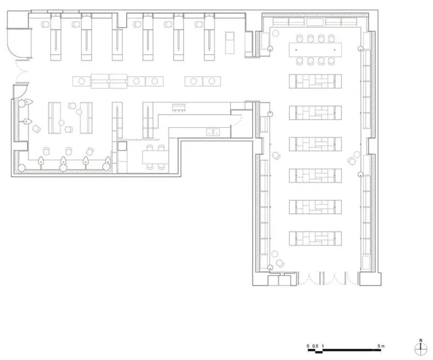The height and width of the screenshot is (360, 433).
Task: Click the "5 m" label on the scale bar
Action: click(381, 345)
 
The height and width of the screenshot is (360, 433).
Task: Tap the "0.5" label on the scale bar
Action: click(315, 346)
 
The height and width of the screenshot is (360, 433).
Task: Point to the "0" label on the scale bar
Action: click(308, 346)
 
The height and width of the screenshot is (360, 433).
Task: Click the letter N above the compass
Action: click(421, 341)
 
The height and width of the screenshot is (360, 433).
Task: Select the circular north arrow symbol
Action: click(421, 349)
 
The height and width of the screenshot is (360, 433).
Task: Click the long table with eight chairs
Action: click(315, 50)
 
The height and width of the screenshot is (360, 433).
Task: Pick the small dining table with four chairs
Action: click(155, 157)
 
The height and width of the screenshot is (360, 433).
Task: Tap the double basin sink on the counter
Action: click(213, 132)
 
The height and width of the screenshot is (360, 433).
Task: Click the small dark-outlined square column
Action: click(122, 146)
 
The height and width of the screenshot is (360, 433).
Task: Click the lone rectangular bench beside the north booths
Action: click(229, 43)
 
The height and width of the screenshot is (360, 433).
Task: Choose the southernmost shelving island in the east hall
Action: click(315, 238)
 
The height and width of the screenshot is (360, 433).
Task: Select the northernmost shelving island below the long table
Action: click(315, 81)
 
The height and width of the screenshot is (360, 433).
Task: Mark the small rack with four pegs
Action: click(179, 108)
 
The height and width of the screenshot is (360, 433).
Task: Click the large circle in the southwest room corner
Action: click(22, 167)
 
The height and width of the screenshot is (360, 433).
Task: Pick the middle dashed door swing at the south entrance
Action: click(334, 279)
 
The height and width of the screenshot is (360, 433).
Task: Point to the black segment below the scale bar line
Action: click(319, 352)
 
